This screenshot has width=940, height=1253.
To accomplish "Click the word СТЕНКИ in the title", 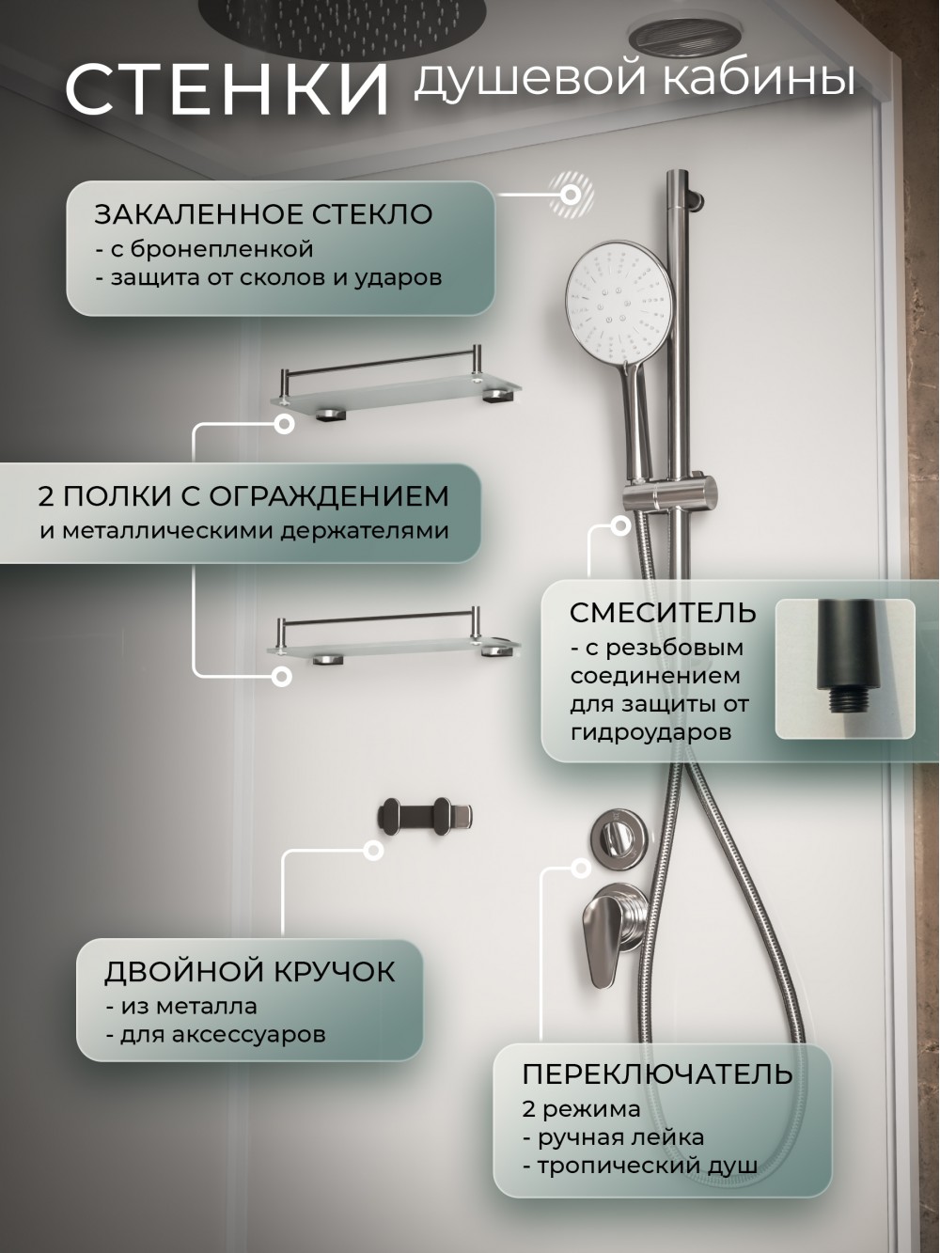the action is pyautogui.click(x=227, y=90).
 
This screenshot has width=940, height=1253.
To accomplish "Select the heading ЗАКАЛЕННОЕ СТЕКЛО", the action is pyautogui.click(x=263, y=214).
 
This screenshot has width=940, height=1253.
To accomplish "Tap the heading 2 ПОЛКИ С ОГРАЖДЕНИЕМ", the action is pyautogui.click(x=243, y=496).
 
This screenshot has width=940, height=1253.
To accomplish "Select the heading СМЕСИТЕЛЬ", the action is pyautogui.click(x=663, y=613).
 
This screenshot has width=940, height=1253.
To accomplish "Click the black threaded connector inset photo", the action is pyautogui.click(x=845, y=668).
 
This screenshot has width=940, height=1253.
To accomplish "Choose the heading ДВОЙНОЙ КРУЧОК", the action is pyautogui.click(x=249, y=972).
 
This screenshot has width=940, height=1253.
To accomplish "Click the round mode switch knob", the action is pyautogui.click(x=619, y=837).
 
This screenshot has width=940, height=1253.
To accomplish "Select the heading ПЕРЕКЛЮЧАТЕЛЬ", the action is pyautogui.click(x=657, y=1075).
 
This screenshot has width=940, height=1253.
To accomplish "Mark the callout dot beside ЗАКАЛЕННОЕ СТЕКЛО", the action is pyautogui.click(x=570, y=195).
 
